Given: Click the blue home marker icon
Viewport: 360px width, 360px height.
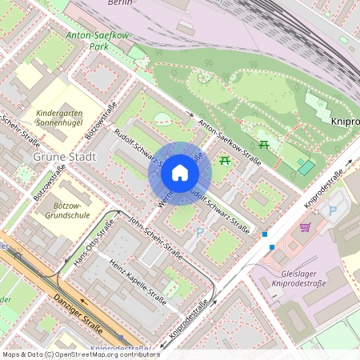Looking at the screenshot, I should point(180,173).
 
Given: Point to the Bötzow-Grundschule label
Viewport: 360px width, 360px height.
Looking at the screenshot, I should point(67,210).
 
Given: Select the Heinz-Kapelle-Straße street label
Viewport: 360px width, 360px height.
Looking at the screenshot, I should point(137,283).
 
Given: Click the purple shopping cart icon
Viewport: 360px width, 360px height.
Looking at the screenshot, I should point(305,227).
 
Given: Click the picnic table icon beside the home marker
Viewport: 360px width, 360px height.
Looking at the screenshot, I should point(224,161).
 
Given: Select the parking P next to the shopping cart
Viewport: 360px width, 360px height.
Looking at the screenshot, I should point(333,210).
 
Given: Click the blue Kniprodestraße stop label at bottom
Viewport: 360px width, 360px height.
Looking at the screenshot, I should point(120,349).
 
